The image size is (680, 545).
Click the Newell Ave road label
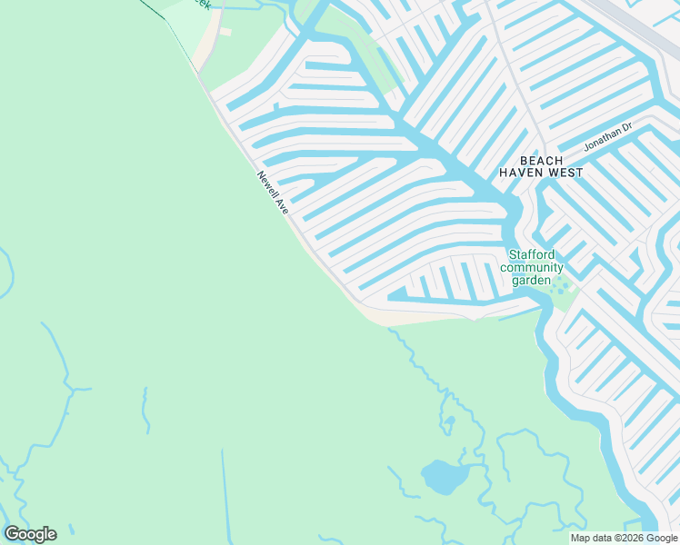pyautogui.click(x=273, y=193)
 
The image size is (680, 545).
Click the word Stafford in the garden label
pyautogui.click(x=532, y=255)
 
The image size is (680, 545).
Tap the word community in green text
pyautogui.click(x=532, y=268)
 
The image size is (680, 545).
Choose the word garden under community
pyautogui.click(x=531, y=281)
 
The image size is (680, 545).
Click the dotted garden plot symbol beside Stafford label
pyautogui.click(x=564, y=289)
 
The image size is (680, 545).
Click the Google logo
pyautogui.click(x=30, y=534)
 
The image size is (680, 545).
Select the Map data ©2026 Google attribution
pyautogui.click(x=625, y=538)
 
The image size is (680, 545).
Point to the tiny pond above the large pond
pyautogui.click(x=448, y=422)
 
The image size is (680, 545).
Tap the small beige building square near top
pyautogui.click(x=225, y=32)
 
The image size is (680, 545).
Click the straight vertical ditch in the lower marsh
pyautogui.click(x=224, y=490)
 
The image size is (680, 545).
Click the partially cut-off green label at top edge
pyautogui.click(x=202, y=5)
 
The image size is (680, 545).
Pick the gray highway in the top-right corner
pyautogui.click(x=636, y=27)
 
